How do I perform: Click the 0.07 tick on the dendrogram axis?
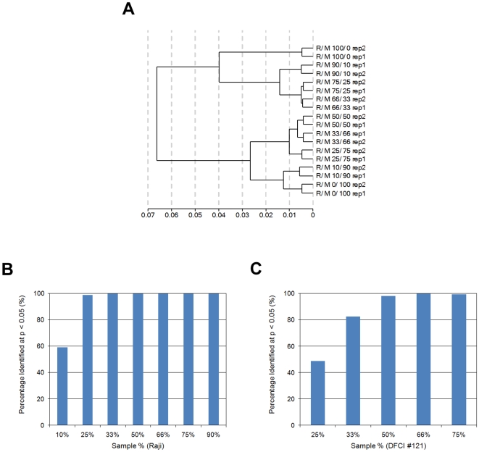148,215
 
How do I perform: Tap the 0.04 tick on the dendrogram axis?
218,215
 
